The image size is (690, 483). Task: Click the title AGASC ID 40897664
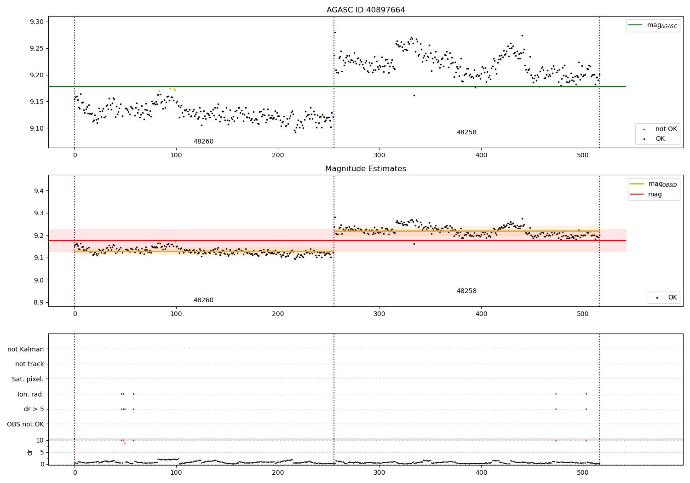[366, 10]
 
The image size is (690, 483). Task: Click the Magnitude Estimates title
[366, 169]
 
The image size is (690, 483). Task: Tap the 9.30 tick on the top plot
[37, 22]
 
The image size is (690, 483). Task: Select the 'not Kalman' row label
[26, 349]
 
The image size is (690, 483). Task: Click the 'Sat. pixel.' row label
[28, 379]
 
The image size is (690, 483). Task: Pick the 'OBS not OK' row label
[25, 424]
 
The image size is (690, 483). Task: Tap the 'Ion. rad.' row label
[31, 394]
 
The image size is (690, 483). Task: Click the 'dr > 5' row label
[34, 409]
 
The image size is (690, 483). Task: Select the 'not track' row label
[29, 364]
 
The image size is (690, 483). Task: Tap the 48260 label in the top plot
[203, 142]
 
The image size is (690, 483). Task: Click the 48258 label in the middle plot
[466, 291]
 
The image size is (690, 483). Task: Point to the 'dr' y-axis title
[30, 452]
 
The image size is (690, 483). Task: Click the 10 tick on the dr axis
[40, 440]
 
